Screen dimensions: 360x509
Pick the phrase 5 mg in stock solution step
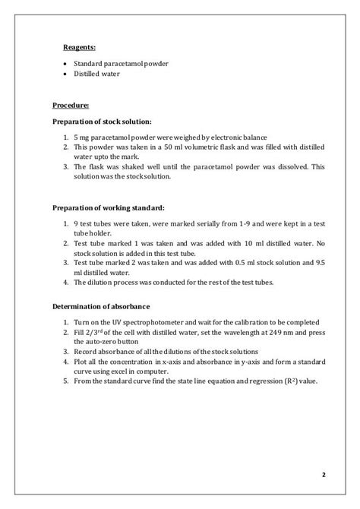(82, 137)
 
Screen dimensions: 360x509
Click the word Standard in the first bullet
(90, 63)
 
